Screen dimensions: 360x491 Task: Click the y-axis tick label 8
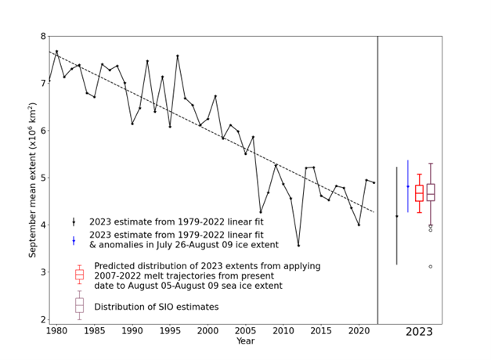(42, 36)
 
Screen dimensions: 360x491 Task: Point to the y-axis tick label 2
(42, 319)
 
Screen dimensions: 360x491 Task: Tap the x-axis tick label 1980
(56, 331)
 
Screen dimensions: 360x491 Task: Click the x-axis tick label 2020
(359, 331)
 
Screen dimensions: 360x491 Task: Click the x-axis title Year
(245, 341)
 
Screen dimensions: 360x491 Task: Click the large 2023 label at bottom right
(419, 332)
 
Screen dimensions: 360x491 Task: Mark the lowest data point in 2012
(298, 245)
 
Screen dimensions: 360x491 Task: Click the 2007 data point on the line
(261, 212)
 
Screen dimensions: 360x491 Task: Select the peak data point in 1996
(178, 56)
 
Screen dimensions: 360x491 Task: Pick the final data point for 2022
(374, 182)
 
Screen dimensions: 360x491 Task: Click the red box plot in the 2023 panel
(419, 193)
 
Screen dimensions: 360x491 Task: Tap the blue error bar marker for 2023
(407, 186)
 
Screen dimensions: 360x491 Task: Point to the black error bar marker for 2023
(396, 216)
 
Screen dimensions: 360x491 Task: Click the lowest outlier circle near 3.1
(430, 266)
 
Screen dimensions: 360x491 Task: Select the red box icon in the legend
(79, 275)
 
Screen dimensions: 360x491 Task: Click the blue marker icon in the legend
(74, 241)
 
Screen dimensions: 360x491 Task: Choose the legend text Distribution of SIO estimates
(156, 307)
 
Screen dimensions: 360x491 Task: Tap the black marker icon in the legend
(74, 222)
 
